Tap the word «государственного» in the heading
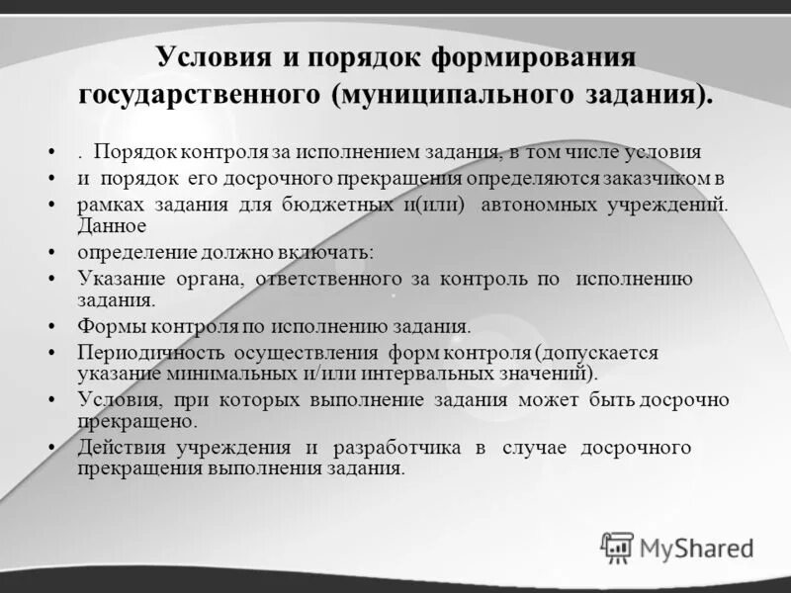198,98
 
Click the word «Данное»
112,224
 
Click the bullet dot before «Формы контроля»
50,326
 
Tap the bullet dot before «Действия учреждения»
50,449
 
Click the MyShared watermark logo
677,547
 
